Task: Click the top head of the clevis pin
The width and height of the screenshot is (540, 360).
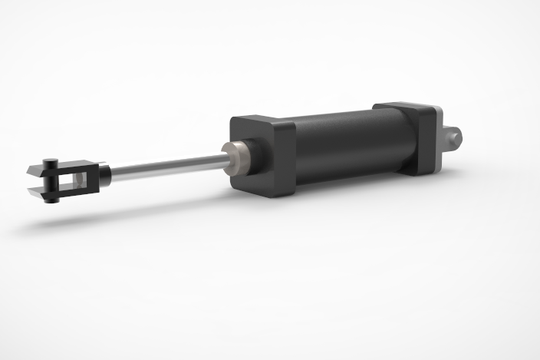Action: click(50, 161)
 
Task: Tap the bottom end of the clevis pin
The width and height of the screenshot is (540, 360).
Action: click(52, 199)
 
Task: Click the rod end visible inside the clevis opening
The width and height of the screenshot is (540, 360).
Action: click(77, 180)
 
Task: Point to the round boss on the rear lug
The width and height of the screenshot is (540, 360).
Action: click(458, 136)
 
